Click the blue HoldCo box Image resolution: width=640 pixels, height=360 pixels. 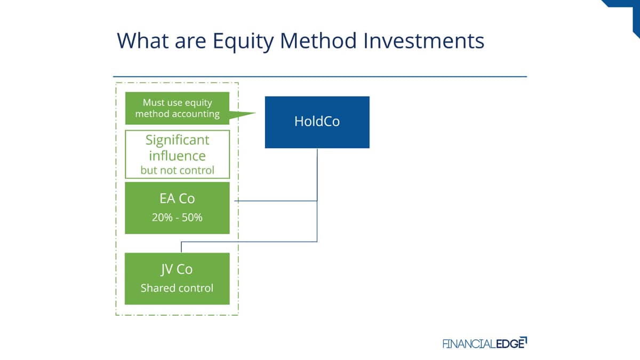tap(317, 122)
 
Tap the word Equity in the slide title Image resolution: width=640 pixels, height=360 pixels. tap(243, 42)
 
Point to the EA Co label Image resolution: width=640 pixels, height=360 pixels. tap(177, 198)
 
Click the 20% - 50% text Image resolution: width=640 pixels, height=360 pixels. tap(177, 218)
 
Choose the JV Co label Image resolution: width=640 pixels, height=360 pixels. tap(177, 269)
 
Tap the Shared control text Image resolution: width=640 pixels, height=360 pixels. tap(177, 288)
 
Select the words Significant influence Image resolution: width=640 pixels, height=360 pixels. tap(178, 148)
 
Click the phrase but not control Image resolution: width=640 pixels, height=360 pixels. tap(178, 170)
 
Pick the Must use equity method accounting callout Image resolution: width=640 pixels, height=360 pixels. tap(177, 108)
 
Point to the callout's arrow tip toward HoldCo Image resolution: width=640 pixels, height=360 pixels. tap(255, 113)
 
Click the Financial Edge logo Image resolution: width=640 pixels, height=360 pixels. tap(485, 343)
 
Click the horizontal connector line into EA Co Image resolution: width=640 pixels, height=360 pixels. tap(276, 201)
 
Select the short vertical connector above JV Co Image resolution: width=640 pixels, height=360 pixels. tap(181, 247)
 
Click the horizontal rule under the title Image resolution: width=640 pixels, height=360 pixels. tap(320, 77)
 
